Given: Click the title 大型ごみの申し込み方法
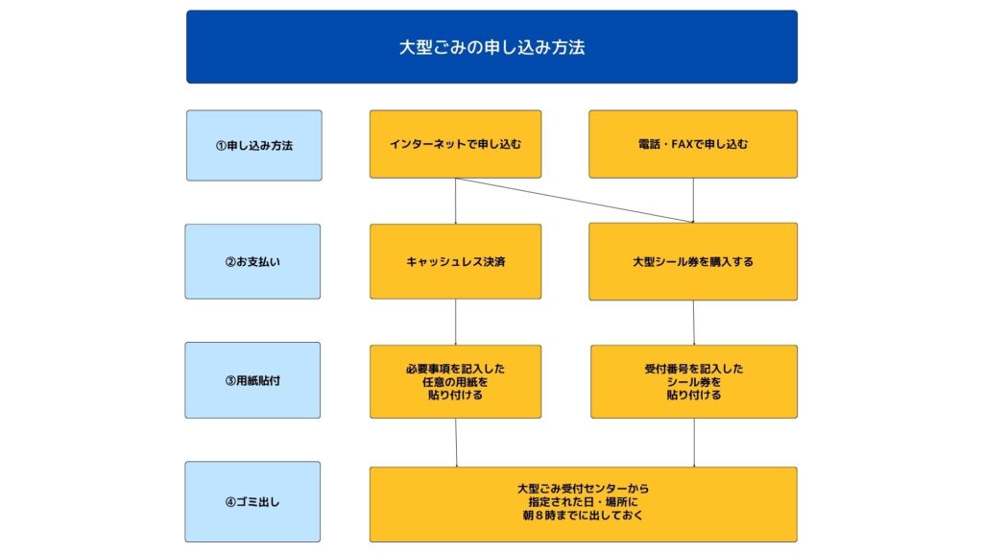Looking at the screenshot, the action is tap(491, 47).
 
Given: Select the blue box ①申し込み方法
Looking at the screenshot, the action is tap(253, 146).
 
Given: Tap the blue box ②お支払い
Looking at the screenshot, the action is tap(252, 261).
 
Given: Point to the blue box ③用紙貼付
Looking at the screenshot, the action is tap(252, 380).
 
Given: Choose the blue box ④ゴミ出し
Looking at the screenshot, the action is tap(252, 501).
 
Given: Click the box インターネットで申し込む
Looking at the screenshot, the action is tap(455, 144).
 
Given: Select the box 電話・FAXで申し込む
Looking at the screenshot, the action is tap(693, 144).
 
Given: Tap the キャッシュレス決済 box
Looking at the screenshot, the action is tap(455, 261).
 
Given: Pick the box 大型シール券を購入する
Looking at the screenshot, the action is tap(693, 261).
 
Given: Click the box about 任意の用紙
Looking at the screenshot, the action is tap(455, 381).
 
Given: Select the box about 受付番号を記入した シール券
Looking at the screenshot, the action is tap(694, 381).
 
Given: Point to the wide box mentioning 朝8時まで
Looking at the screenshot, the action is tap(583, 504).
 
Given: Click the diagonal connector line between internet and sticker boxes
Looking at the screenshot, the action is tap(574, 200).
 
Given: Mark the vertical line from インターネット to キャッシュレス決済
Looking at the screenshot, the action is tap(455, 202).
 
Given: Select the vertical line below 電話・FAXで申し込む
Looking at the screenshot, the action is tap(693, 201).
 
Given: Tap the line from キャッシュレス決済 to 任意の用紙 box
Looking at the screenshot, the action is tap(455, 323).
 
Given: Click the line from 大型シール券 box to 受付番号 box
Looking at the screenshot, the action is tap(693, 323).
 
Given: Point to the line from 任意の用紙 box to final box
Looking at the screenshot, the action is tap(456, 443).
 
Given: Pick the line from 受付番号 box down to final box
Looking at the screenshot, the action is tap(694, 443).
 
